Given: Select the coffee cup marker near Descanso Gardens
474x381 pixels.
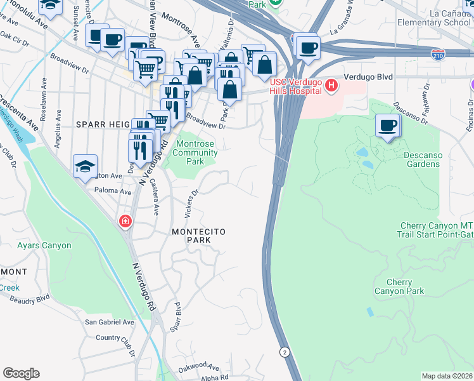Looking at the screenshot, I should point(387,125).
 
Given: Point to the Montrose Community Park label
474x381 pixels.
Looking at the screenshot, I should point(194,152).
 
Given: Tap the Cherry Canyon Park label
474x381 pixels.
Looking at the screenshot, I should point(399,286).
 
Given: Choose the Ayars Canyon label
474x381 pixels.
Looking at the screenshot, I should point(44,245).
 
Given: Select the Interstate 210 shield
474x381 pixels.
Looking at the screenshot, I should point(438,55).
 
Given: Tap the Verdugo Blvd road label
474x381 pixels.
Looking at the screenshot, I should point(368,77).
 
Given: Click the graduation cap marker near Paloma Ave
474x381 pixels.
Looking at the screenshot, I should point(85,166).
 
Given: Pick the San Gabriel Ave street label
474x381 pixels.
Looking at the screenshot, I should point(110,323).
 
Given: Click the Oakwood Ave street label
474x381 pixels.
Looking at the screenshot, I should point(198,366).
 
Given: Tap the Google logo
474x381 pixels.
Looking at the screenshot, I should point(21,373).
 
